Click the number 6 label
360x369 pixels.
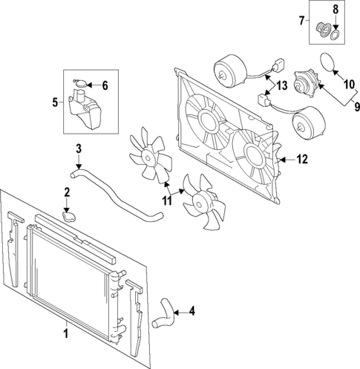pyautogui.click(x=105, y=85)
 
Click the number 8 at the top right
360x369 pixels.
pyautogui.click(x=334, y=9)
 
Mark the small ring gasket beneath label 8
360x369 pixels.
pyautogui.click(x=334, y=34)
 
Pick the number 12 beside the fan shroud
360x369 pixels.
pyautogui.click(x=301, y=158)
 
